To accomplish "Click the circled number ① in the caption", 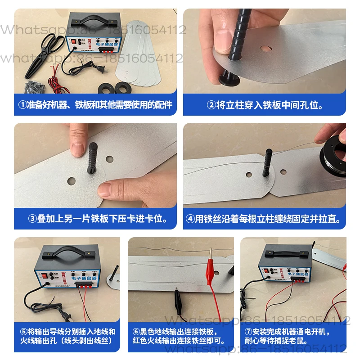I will coord(23,105).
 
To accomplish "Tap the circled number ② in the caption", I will coord(211,105).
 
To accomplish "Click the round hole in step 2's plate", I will coord(266,47).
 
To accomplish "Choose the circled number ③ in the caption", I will coord(32,219).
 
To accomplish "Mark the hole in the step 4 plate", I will coord(283,171).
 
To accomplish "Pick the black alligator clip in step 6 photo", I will coord(177,302).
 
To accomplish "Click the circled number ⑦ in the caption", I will coord(248,332).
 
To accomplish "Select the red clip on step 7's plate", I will coord(345,266).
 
